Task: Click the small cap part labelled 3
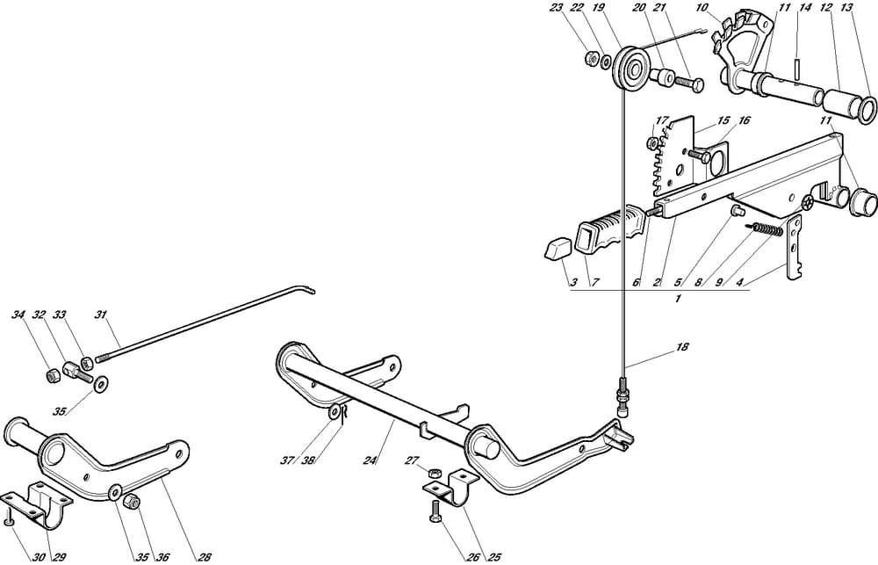[x=555, y=250]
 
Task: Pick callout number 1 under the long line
[x=677, y=300]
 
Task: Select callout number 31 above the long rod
[x=101, y=314]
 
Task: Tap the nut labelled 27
[x=434, y=474]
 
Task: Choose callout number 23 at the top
[x=556, y=8]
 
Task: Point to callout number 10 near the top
[x=702, y=8]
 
